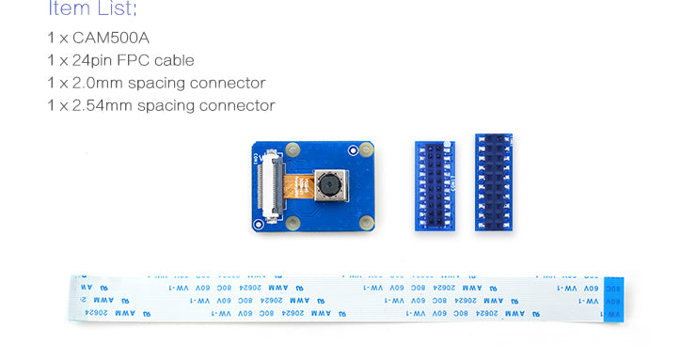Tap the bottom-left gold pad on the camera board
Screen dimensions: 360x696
click(292, 223)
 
